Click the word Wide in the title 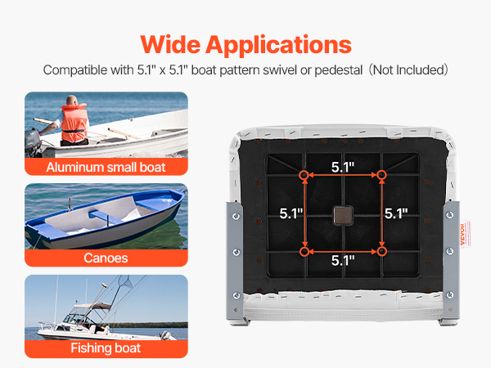[170, 45]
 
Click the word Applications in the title [279, 46]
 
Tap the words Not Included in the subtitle [408, 70]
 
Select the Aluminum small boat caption [106, 167]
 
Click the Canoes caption [106, 258]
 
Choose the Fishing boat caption [106, 348]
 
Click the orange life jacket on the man [74, 123]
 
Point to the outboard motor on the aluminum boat [34, 141]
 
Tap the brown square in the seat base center [343, 215]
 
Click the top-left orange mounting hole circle [304, 175]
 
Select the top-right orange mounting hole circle [381, 175]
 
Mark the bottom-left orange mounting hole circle [304, 252]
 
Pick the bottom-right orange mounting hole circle [381, 251]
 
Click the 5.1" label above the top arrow [343, 168]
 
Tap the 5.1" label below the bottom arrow [343, 261]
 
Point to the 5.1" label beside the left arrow [291, 213]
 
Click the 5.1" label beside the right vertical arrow [396, 213]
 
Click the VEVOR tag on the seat [465, 234]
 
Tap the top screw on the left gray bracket [236, 216]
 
